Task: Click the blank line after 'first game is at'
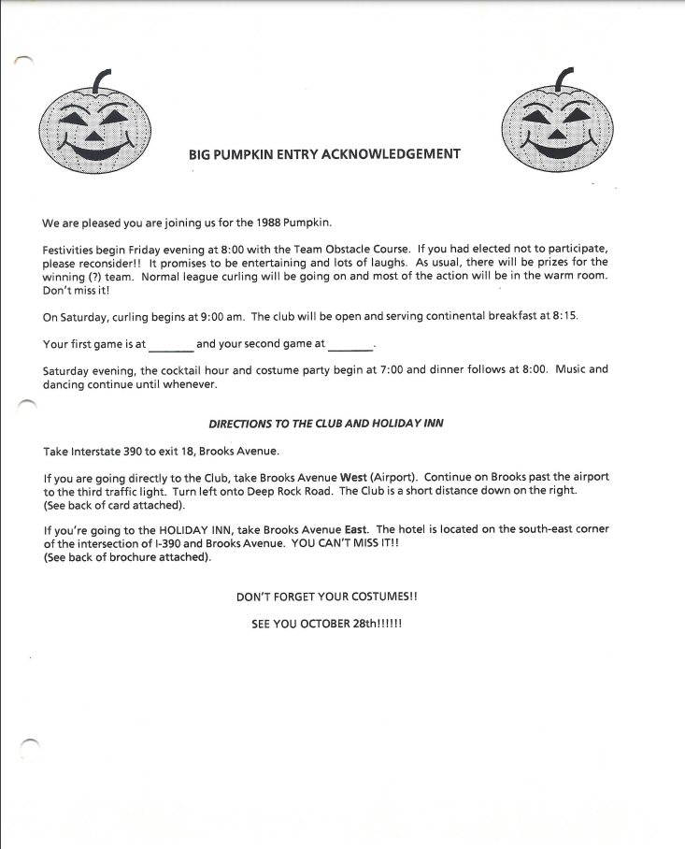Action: tap(171, 344)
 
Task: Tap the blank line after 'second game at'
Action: tap(350, 344)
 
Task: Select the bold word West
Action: tap(354, 477)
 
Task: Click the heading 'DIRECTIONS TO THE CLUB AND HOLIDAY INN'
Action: tap(326, 424)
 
